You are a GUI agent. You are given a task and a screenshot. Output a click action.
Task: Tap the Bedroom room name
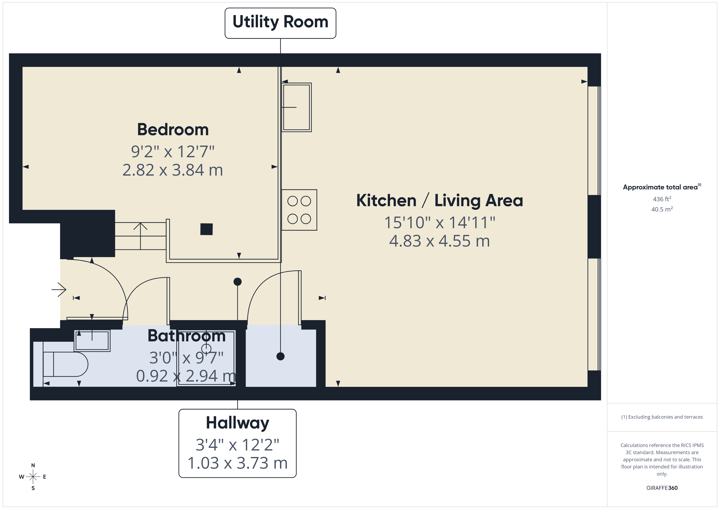173,129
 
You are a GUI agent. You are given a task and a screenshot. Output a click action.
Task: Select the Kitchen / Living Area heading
439,201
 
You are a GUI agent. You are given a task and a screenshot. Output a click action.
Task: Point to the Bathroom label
187,336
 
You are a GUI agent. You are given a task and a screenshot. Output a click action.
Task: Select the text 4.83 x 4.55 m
439,241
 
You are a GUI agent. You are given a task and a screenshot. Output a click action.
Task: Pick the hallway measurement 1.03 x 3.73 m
237,463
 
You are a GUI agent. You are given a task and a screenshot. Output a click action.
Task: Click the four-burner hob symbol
299,210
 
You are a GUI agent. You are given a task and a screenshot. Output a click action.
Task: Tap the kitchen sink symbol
296,107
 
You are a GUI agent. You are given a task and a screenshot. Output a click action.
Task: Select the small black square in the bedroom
206,229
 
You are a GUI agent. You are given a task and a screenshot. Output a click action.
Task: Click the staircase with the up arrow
140,236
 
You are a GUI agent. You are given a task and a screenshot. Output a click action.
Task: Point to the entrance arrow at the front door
59,289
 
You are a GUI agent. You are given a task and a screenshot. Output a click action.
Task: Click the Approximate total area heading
661,187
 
